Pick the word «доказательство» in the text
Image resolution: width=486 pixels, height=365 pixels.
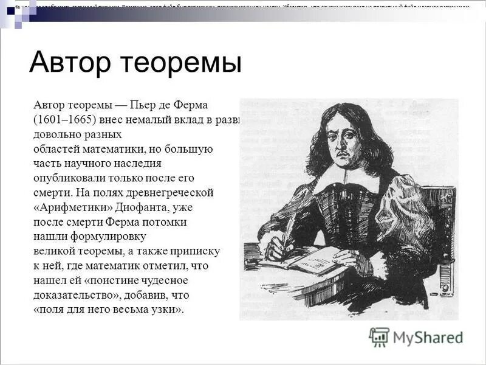(x=72, y=295)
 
